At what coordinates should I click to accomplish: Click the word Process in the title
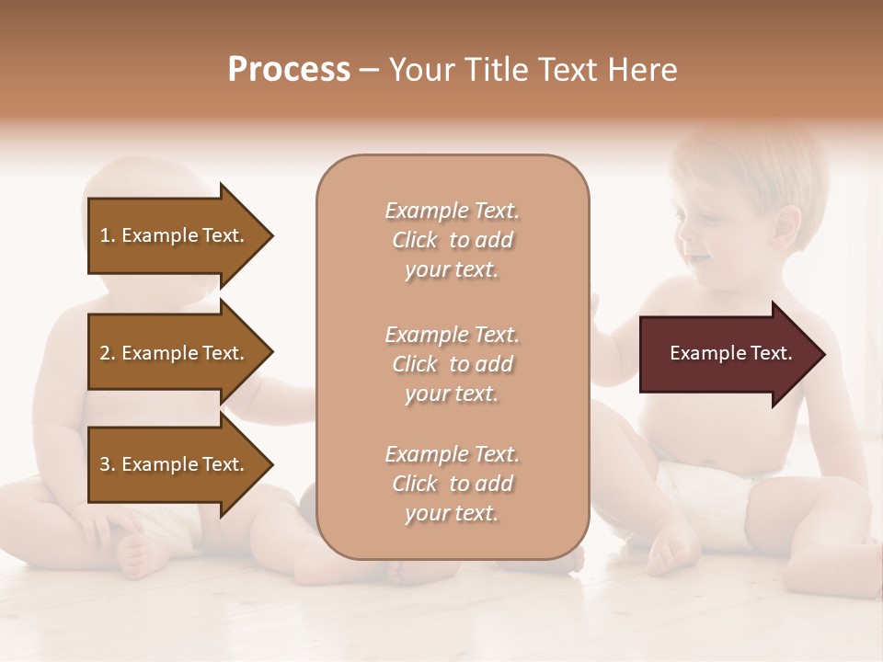coord(289,70)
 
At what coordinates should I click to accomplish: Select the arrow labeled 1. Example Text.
coord(175,235)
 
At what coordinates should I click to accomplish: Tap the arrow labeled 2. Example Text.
coord(175,353)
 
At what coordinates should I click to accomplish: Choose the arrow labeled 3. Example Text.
coord(175,464)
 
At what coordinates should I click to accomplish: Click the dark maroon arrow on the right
coord(727,354)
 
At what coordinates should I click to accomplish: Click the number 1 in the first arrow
coord(105,235)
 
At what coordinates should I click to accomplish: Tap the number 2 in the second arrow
coord(105,353)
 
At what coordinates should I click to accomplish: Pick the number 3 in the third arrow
coord(105,464)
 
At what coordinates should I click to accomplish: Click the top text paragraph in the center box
coord(452,240)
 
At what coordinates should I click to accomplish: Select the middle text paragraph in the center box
coord(452,364)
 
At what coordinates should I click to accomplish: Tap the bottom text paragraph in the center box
coord(452,484)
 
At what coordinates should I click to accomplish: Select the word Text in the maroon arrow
coord(772,353)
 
